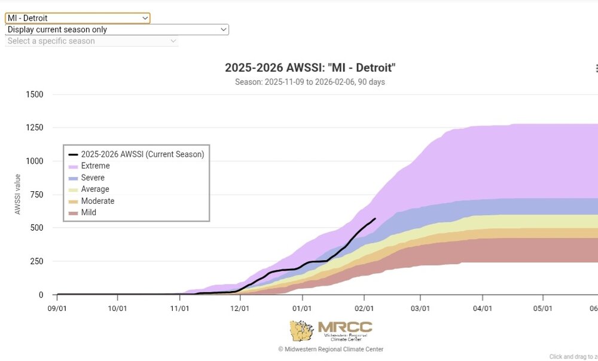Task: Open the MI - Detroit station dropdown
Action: (x=78, y=19)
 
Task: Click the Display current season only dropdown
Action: (x=117, y=29)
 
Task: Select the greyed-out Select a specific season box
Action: (x=91, y=41)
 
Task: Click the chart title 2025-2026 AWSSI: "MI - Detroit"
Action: (x=310, y=68)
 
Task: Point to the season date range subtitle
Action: (x=310, y=82)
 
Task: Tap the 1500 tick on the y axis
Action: (x=35, y=94)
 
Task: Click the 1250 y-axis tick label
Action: (x=35, y=128)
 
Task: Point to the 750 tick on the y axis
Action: (x=37, y=195)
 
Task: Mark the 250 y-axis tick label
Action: (x=37, y=262)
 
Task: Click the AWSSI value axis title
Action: (x=17, y=194)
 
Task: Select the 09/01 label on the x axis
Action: (x=57, y=308)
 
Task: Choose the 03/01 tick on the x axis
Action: (x=420, y=308)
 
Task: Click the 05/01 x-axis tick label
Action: (x=542, y=308)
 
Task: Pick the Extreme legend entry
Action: (x=95, y=166)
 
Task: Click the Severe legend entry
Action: (x=93, y=178)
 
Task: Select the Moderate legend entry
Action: (x=97, y=201)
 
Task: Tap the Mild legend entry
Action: (x=89, y=212)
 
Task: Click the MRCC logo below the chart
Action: (x=331, y=331)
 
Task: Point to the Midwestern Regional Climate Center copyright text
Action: (x=331, y=349)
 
